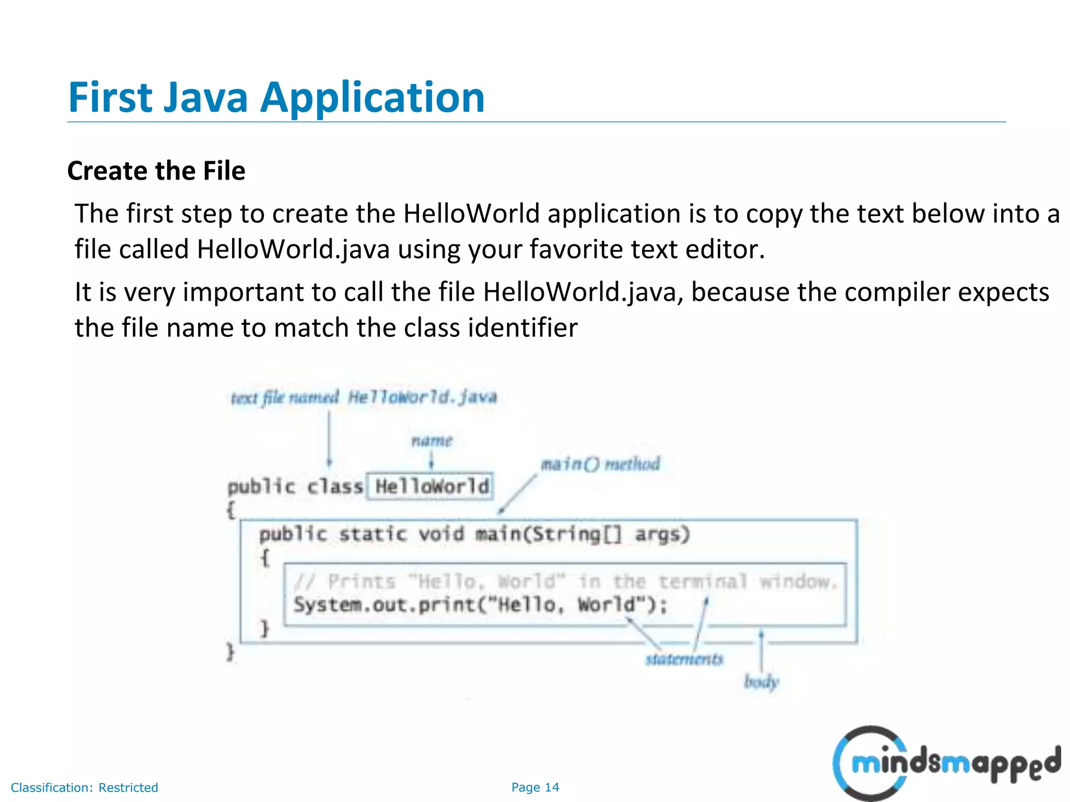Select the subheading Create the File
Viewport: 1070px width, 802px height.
[156, 171]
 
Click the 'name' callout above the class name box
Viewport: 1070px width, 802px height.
[432, 441]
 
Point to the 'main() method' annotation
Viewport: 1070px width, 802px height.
[600, 464]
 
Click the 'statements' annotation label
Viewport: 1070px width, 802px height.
[684, 659]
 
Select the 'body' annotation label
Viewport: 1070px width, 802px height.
[761, 681]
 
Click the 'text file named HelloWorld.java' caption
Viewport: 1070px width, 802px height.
[364, 398]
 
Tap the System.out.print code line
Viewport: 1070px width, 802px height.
[480, 605]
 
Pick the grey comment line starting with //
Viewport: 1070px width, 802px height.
[565, 582]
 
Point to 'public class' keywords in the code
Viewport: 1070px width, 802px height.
[295, 487]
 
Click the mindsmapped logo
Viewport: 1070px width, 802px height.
[946, 763]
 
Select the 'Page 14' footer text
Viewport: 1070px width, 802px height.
[535, 787]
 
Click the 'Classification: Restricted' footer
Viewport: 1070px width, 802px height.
[84, 787]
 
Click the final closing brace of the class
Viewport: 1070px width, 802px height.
[230, 652]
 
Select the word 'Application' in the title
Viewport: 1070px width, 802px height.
[373, 98]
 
